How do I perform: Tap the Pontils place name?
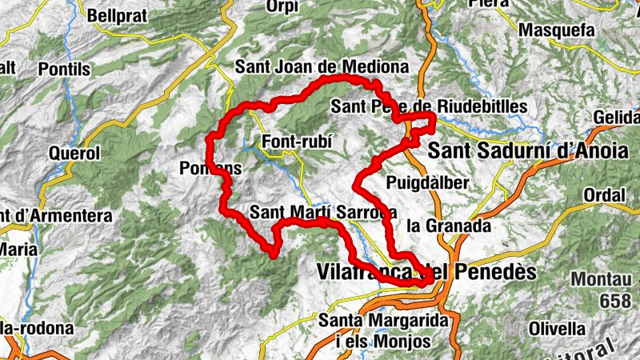coord(63,70)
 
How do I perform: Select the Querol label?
coord(74,153)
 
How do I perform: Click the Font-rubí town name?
coord(296,143)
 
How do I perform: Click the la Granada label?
coord(448,226)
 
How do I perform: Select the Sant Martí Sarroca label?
coord(323,213)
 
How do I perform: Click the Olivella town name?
coord(557,328)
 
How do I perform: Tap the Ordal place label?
coord(604,195)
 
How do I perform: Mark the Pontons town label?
coord(210,168)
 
